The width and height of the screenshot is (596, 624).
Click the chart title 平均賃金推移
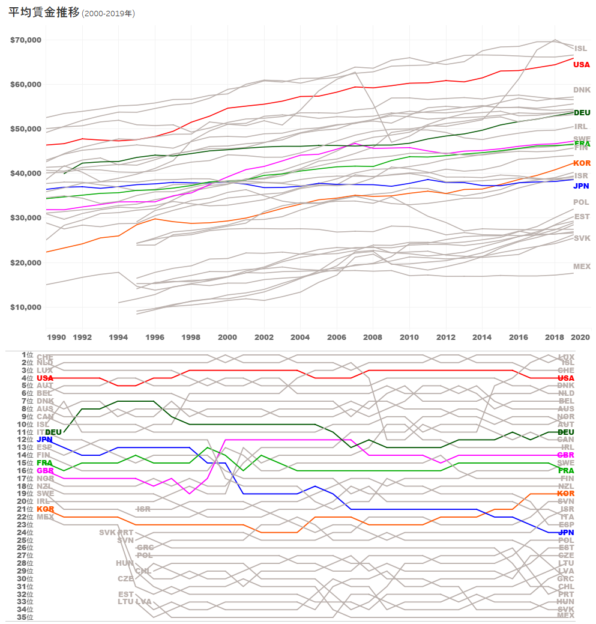click(x=44, y=13)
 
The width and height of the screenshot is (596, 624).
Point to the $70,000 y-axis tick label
click(x=25, y=40)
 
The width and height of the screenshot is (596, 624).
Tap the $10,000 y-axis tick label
click(x=25, y=307)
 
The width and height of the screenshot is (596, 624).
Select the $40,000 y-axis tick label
click(x=25, y=174)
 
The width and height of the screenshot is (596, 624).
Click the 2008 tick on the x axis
click(x=373, y=338)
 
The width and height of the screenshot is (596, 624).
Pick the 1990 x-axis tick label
click(x=56, y=338)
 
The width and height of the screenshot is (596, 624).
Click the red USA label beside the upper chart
click(x=581, y=65)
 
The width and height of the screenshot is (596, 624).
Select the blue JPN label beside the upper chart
click(x=581, y=186)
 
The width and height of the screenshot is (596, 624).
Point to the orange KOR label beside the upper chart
click(x=581, y=163)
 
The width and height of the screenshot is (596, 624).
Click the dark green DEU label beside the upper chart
click(x=582, y=113)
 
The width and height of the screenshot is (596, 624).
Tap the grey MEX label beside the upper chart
click(x=582, y=267)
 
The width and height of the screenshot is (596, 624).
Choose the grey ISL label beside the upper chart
click(x=580, y=49)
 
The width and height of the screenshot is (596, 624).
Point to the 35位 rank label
click(x=25, y=617)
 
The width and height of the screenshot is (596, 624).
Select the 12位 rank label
click(x=25, y=440)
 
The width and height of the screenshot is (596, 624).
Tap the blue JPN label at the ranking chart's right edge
click(x=566, y=533)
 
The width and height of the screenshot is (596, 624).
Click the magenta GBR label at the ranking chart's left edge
click(x=45, y=471)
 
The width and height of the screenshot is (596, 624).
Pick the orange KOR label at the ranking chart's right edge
click(x=566, y=494)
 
